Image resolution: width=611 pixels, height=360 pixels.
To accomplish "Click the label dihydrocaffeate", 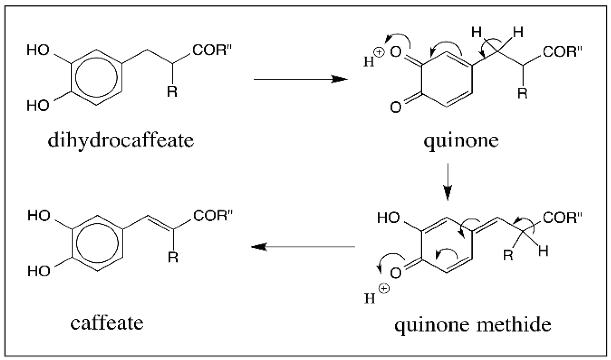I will point(121,140).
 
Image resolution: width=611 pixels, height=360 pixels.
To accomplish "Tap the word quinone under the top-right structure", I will point(461,141).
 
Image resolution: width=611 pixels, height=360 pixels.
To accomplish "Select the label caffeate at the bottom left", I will point(107,323).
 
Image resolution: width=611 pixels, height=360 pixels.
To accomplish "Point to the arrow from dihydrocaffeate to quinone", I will point(300,79).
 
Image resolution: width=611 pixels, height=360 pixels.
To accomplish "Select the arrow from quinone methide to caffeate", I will point(303,247).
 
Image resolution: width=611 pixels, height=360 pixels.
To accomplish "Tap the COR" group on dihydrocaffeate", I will point(212,50).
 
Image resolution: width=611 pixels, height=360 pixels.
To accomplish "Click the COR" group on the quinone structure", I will point(562,52).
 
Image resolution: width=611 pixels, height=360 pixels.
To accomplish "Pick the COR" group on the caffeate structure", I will point(213,216).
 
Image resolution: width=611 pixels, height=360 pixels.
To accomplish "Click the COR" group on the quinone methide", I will point(562,217).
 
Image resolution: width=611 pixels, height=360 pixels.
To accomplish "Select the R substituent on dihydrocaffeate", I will point(172,92).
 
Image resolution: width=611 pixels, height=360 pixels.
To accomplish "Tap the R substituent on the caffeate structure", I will point(173,258).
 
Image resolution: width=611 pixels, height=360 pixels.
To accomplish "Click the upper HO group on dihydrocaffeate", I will point(38,50).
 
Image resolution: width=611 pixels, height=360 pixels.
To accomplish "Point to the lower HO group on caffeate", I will point(39,271).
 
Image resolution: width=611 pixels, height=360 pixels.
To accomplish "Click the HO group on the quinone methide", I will point(388,217).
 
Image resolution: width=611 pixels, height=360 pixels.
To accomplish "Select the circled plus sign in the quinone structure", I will point(379,53).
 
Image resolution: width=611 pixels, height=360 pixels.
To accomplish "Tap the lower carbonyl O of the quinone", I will point(396,107).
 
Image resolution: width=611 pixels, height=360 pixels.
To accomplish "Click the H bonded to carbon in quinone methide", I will point(543,251).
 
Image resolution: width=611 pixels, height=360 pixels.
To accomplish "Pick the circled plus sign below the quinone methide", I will point(384,288).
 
